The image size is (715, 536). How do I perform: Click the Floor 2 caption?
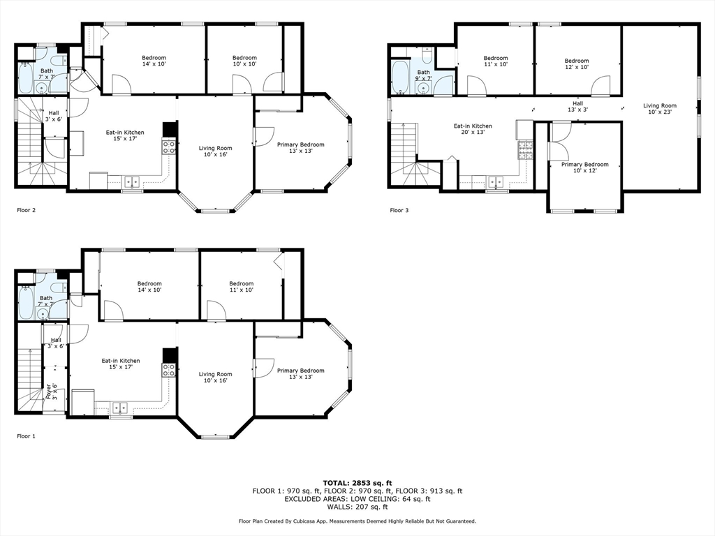26,210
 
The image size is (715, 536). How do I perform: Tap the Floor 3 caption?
399,210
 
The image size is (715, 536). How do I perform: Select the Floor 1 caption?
26,436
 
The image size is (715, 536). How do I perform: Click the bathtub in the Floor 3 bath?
401,77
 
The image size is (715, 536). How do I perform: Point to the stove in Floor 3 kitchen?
525,149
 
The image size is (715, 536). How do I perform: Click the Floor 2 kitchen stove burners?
169,147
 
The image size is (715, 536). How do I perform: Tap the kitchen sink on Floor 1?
120,407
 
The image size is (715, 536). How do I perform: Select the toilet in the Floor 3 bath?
427,55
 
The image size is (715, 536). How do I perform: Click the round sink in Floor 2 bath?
42,89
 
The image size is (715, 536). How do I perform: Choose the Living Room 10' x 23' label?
659,108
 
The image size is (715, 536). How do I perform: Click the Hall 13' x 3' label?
577,107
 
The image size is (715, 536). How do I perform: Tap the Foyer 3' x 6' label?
52,392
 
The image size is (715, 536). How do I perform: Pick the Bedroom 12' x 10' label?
576,64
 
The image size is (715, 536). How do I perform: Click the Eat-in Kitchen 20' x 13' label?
473,129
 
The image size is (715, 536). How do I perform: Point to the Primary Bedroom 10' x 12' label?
584,167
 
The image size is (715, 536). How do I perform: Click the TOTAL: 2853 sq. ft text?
357,483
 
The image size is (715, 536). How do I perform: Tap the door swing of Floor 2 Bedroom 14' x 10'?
121,84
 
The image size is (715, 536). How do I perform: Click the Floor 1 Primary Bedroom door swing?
263,367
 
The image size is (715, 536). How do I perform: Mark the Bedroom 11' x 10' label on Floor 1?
241,287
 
